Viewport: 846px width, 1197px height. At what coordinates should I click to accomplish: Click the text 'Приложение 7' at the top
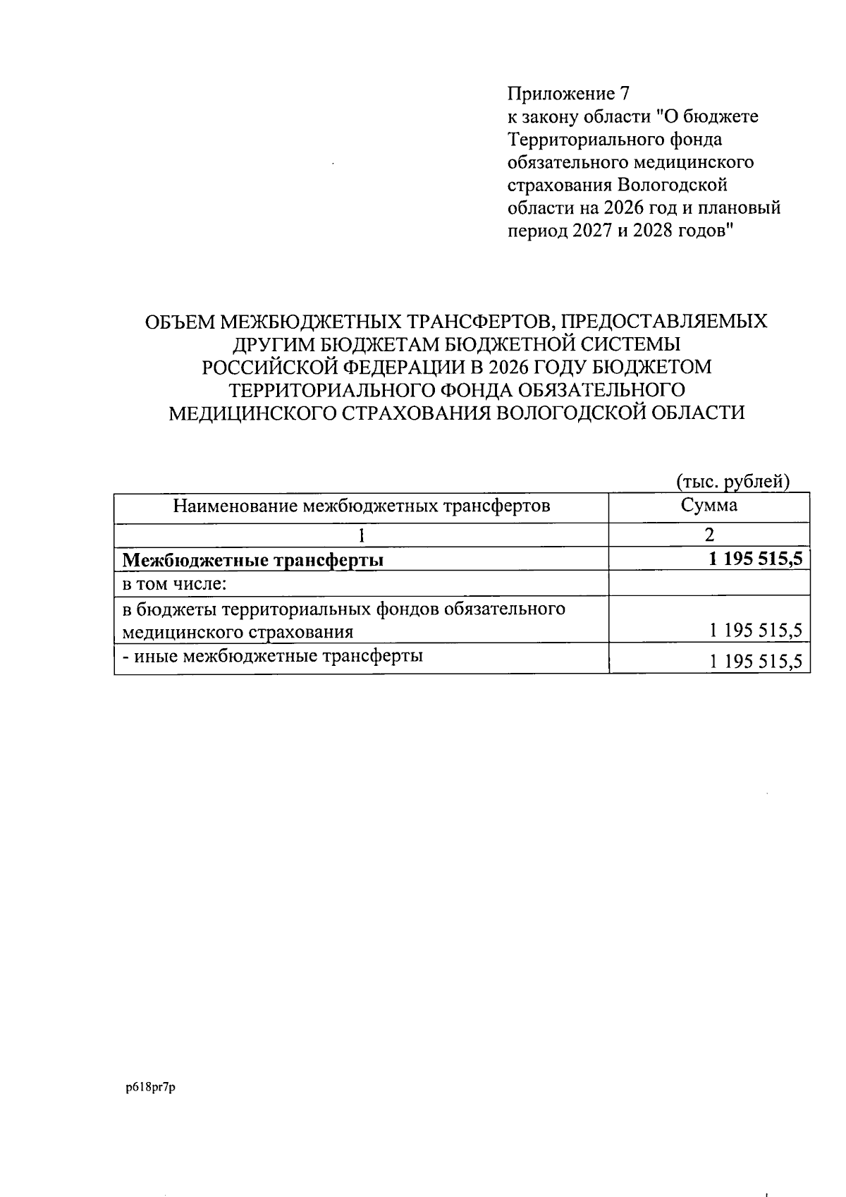[x=567, y=93]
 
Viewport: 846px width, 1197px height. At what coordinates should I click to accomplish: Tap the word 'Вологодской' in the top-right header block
[x=673, y=186]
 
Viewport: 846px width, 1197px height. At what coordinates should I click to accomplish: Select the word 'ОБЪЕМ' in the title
[x=179, y=322]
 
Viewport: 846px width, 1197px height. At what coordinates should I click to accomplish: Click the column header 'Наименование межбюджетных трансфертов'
[x=361, y=506]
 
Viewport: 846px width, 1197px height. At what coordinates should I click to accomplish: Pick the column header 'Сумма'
[x=709, y=505]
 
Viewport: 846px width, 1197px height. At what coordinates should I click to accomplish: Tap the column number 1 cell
[x=361, y=535]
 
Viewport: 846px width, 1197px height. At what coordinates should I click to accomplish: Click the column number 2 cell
[x=709, y=535]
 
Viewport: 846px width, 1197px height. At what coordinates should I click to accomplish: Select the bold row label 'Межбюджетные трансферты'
[x=253, y=561]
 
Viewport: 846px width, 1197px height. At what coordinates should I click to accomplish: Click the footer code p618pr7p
[x=151, y=1088]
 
